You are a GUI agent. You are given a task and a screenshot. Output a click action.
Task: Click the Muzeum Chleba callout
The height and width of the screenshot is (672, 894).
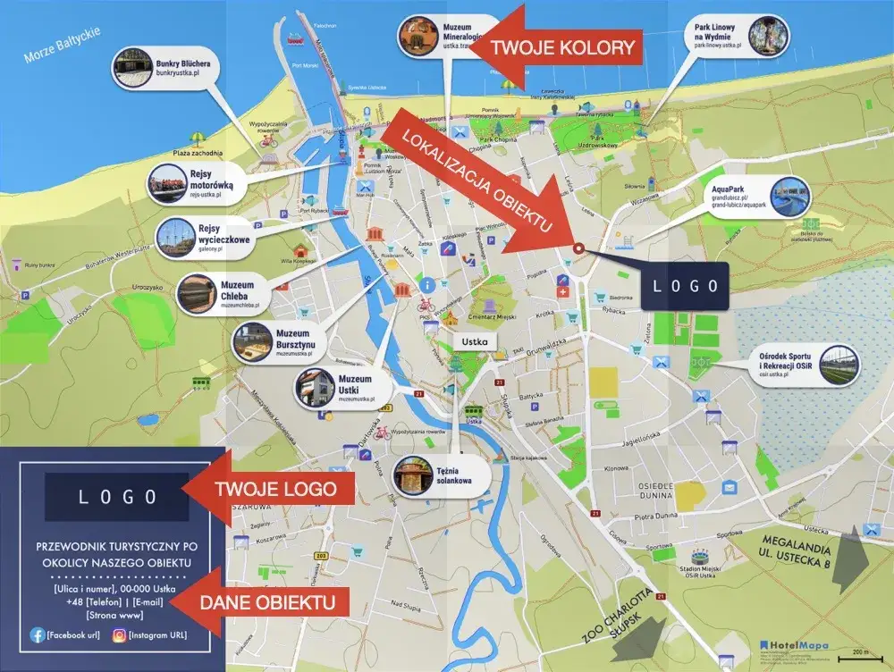coord(223,293)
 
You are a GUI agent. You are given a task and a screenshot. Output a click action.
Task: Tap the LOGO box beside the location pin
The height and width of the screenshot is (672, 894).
coord(684,286)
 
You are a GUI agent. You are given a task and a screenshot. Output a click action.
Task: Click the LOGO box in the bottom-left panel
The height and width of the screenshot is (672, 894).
coord(117,497)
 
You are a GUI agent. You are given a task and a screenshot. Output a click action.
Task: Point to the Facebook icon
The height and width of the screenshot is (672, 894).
coord(38,634)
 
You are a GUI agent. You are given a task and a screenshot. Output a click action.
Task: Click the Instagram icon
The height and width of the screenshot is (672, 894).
coord(119,634)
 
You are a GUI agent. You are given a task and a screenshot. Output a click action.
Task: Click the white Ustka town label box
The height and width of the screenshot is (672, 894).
coord(475,341)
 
